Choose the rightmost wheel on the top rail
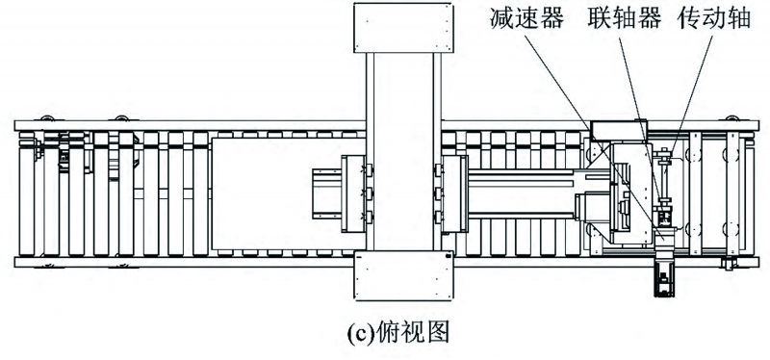pos(737,120)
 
